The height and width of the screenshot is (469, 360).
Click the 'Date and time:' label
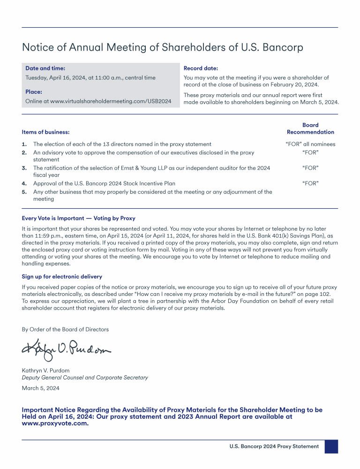point(45,68)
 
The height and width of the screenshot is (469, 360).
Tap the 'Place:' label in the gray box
point(34,92)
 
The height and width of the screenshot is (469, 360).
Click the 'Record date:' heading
point(201,68)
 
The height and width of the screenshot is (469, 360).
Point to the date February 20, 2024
point(292,85)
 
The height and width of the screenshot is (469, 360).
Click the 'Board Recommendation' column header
point(310,129)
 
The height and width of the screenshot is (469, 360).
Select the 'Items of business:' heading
point(45,132)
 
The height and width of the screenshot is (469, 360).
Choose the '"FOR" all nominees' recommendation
point(310,144)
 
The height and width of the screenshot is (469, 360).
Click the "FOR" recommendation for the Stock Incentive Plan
point(310,183)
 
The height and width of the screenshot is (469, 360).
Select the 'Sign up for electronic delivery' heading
point(62,277)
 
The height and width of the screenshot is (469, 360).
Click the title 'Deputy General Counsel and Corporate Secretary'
point(85,378)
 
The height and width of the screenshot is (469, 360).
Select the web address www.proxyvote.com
point(55,423)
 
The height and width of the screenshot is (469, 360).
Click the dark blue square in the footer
point(331,446)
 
